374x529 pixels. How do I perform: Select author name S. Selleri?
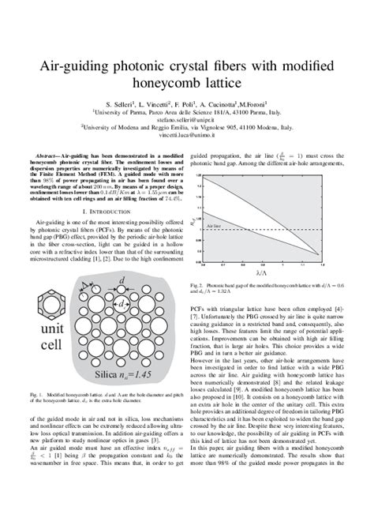tap(120, 103)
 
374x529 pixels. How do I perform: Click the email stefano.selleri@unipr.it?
tap(187, 122)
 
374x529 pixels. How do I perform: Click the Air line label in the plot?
tap(213, 225)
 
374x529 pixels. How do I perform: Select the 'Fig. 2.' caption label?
tap(198, 284)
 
